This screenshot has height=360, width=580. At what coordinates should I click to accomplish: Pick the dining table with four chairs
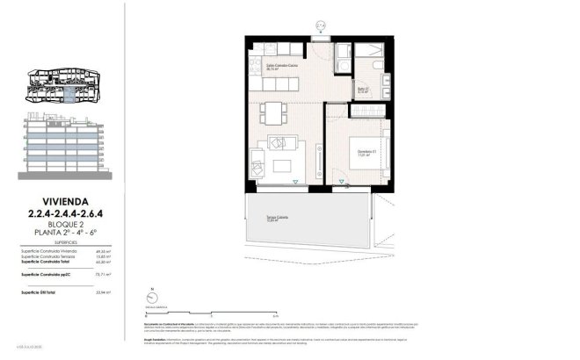pyautogui.click(x=273, y=113)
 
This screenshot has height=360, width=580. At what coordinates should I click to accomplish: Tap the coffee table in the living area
pyautogui.click(x=283, y=166)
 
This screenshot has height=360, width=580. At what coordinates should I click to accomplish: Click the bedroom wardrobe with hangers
pyautogui.click(x=366, y=111)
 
